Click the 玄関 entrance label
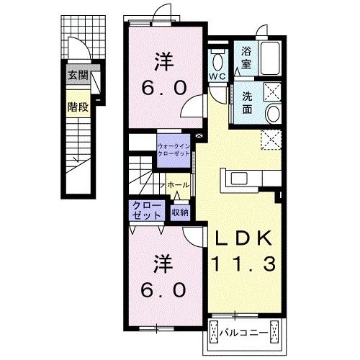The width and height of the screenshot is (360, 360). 78,76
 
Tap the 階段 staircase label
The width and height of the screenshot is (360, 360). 78,107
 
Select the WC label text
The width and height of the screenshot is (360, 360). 217,76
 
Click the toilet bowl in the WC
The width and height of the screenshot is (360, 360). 218,61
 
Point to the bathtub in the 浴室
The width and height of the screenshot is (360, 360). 270,58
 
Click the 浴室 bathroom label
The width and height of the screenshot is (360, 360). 246,58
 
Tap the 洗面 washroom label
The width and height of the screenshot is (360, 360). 247,103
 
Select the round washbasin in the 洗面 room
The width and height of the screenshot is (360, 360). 274,114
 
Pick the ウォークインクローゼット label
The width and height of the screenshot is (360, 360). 174,150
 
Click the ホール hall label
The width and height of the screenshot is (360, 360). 178,185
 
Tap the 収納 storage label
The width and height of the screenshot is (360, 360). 180,212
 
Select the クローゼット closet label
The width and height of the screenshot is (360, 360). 147,210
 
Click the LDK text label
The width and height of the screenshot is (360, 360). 243,238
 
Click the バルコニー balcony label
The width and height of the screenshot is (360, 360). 243,333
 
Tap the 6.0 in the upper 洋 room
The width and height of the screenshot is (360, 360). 164,87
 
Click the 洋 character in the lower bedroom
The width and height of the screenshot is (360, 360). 163,264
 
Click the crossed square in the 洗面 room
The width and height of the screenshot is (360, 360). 272,91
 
